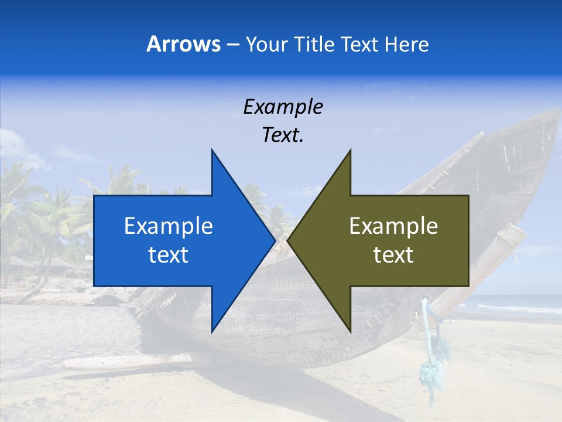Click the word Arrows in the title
point(183,44)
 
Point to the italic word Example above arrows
point(283,107)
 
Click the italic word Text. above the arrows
point(283,135)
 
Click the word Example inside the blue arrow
point(169,226)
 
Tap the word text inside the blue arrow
point(169,255)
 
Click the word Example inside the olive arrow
point(393,226)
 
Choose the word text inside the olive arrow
point(393,255)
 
